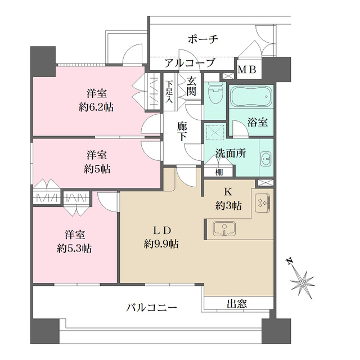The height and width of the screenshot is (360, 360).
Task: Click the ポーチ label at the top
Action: [x=202, y=40]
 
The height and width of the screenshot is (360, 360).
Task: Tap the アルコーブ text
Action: [x=190, y=63]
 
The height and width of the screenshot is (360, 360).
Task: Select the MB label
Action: [x=247, y=70]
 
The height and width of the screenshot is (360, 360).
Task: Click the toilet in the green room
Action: [x=214, y=92]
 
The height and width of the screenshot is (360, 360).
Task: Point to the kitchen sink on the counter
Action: [x=223, y=229]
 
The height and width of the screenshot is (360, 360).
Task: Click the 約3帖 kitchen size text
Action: [x=228, y=206]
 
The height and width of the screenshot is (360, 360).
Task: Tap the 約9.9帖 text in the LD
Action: [x=161, y=244]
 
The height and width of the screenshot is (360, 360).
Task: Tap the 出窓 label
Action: [x=237, y=304]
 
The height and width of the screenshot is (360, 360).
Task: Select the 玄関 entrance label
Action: [x=192, y=85]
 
